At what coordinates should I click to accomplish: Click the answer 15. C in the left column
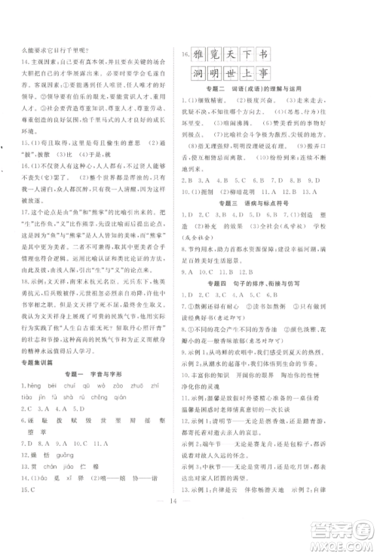point(27,487)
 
